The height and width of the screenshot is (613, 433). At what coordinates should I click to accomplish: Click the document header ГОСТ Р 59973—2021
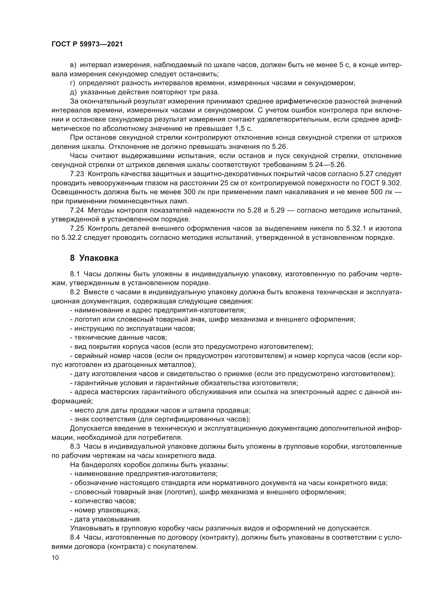(87, 44)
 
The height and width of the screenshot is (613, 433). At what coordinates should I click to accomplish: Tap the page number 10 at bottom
(55, 557)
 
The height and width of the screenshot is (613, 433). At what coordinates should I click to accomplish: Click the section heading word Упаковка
(99, 258)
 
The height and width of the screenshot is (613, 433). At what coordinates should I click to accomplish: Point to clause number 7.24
(77, 210)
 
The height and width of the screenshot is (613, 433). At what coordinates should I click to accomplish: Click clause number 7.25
(77, 229)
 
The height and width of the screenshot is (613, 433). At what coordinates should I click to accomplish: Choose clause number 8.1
(75, 274)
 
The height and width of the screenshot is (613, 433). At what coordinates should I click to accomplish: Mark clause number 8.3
(75, 446)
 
